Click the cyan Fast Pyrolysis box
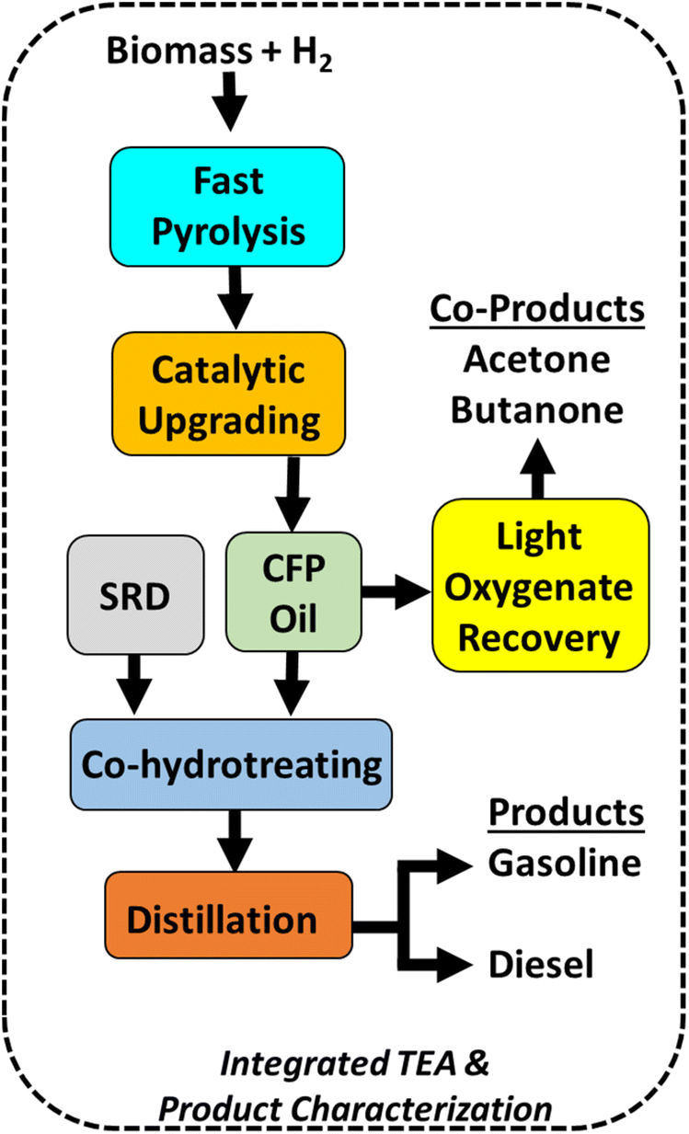227,207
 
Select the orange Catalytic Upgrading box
229,394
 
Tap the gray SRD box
135,595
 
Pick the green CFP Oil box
293,591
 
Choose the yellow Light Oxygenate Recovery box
540,585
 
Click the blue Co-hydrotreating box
231,764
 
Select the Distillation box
228,915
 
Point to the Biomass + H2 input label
219,52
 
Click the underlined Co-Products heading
537,309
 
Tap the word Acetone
536,360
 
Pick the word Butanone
537,410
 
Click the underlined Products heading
566,812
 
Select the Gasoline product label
565,863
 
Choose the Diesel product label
541,964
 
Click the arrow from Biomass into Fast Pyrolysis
230,102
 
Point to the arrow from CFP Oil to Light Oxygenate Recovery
396,591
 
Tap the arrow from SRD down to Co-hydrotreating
134,684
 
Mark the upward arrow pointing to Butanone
537,469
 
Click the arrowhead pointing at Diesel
454,965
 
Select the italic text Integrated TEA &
354,1063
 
